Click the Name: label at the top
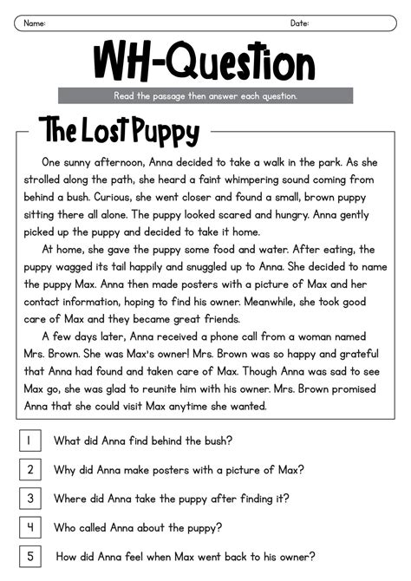coord(35,23)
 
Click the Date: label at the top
coord(299,23)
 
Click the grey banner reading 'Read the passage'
coord(205,95)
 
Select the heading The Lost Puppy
coord(119,132)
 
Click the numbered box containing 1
coord(29,441)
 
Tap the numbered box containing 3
coord(29,499)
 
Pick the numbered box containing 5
coord(29,556)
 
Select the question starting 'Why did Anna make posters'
coord(179,470)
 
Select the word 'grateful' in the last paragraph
coord(355,354)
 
